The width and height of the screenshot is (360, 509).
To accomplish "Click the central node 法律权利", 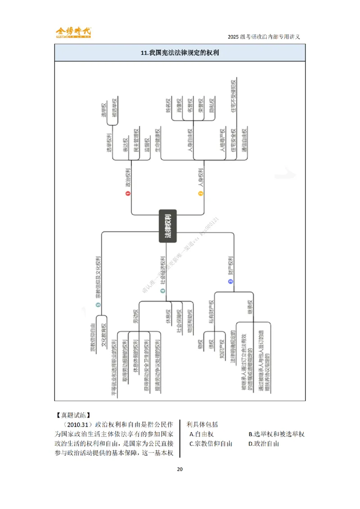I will click(167, 226).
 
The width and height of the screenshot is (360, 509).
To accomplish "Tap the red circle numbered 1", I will click(128, 193).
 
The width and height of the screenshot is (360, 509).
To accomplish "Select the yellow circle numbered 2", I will click(201, 193).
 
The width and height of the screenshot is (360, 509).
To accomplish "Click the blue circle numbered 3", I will click(230, 281).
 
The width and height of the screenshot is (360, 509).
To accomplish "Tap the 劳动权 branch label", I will click(135, 317).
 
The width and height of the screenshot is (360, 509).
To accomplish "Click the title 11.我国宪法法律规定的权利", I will click(180, 53).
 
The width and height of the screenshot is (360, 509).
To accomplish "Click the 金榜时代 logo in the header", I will click(73, 32).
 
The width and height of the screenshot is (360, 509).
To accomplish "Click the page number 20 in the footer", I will click(180, 469).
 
